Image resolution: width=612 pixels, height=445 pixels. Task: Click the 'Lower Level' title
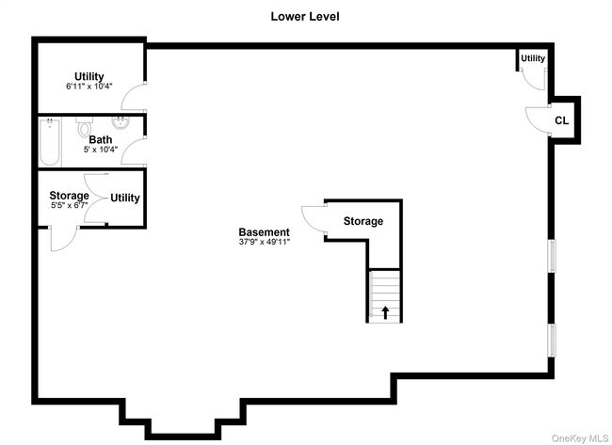tap(305, 16)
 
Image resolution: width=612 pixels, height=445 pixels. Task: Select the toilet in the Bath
tap(85, 127)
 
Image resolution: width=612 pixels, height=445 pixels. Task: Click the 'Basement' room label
tap(264, 232)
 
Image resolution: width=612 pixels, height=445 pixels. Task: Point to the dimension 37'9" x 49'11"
tap(264, 243)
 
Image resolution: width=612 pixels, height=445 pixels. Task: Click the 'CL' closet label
tap(561, 120)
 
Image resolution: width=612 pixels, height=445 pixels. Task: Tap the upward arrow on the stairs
tap(384, 311)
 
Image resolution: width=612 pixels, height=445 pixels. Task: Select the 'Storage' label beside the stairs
tap(362, 221)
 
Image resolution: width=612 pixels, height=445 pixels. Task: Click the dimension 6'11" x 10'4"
tap(89, 87)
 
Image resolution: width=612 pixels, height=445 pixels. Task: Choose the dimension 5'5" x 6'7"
tap(69, 205)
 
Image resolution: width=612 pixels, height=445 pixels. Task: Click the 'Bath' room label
tap(101, 140)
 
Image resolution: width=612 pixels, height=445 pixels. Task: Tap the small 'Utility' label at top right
tap(533, 59)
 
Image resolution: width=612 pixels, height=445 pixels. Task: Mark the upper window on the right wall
tap(553, 255)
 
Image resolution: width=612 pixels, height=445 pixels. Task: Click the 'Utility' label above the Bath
tap(89, 76)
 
